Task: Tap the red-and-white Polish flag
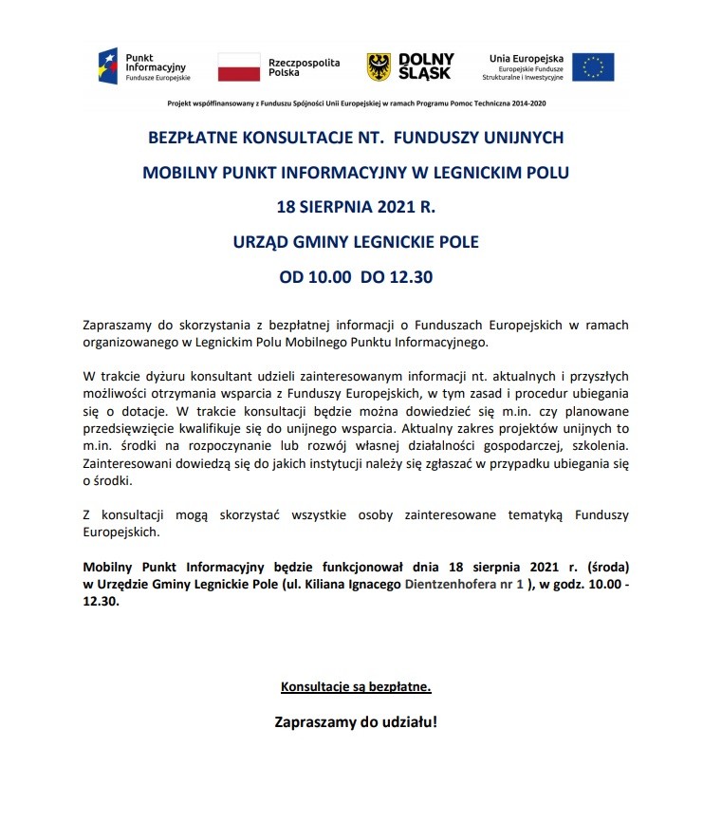(x=238, y=66)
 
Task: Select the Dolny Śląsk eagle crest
(x=379, y=66)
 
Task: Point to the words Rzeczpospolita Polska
(x=304, y=65)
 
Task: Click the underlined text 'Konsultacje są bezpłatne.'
(x=356, y=685)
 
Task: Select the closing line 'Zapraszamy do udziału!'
(x=356, y=720)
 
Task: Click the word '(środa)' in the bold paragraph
(x=603, y=568)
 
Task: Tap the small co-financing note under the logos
(x=356, y=103)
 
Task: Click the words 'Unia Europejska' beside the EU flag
(x=527, y=59)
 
